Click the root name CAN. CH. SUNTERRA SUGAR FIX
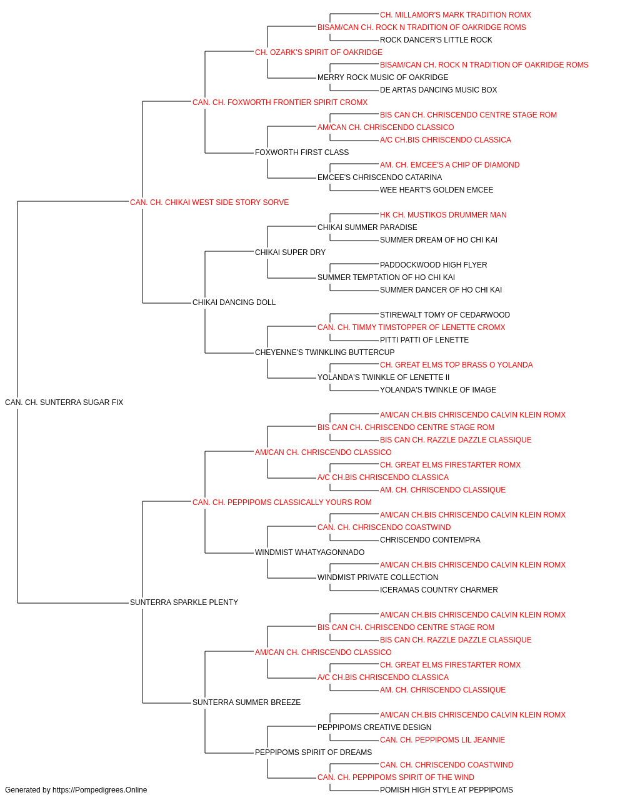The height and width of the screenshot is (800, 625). [x=64, y=402]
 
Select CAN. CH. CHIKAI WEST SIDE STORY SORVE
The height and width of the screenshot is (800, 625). [x=209, y=202]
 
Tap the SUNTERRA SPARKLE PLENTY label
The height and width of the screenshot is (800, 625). [x=184, y=602]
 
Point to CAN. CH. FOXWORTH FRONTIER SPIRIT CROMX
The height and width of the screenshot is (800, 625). [x=280, y=102]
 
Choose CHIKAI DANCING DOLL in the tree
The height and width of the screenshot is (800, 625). [x=234, y=302]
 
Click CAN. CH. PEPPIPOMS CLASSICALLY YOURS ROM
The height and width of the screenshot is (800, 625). [x=282, y=502]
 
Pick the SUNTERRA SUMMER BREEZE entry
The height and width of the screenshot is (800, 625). [x=247, y=702]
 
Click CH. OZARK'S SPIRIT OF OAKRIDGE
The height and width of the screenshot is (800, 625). [x=319, y=52]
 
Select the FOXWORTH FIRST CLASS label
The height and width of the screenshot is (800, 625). [x=302, y=152]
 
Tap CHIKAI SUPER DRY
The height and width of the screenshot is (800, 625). [x=291, y=252]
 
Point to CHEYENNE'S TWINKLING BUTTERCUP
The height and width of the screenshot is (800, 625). [x=324, y=352]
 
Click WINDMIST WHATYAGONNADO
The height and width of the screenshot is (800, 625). [x=309, y=552]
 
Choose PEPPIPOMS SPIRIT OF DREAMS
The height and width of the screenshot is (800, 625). [x=314, y=752]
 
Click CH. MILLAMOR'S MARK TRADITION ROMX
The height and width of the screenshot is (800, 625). [x=456, y=15]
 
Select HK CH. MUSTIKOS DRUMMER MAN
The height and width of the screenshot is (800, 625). [x=443, y=215]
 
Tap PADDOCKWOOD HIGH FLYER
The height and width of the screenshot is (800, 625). [x=434, y=265]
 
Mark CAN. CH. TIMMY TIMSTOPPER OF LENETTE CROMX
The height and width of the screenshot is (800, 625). [x=411, y=327]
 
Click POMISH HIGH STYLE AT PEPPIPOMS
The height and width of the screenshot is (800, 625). [x=446, y=790]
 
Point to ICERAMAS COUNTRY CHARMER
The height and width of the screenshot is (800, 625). [x=439, y=590]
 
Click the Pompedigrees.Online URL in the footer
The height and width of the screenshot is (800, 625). [x=100, y=790]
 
